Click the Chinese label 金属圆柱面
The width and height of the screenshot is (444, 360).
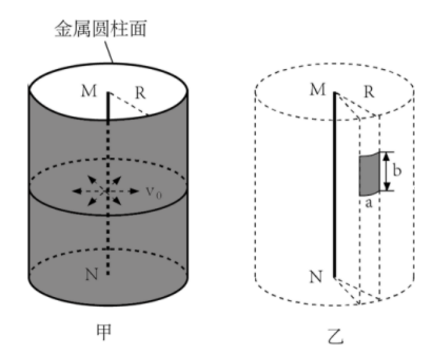coord(100,28)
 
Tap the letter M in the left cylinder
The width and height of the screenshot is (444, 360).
coord(89,91)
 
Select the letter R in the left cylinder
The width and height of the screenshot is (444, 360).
coord(141,93)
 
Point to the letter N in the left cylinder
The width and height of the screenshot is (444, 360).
coord(91,274)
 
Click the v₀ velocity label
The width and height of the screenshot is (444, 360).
coord(154,193)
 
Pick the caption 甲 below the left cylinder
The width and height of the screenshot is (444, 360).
coord(104,332)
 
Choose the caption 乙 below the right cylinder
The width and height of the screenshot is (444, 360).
coord(335,336)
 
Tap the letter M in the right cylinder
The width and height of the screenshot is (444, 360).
coord(318,90)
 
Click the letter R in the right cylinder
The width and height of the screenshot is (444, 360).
coord(369,92)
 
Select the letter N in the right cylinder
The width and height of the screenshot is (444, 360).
coord(316,276)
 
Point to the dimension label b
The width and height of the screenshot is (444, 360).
coord(397,170)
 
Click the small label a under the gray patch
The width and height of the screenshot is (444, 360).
coord(368,203)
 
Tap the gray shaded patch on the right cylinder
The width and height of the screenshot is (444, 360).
coord(369,174)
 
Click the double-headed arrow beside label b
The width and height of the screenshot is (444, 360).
coord(387,171)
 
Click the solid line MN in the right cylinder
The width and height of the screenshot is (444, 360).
coord(335,185)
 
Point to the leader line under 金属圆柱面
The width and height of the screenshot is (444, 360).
coord(109,52)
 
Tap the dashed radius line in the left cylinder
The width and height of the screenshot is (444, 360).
coord(129,104)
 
